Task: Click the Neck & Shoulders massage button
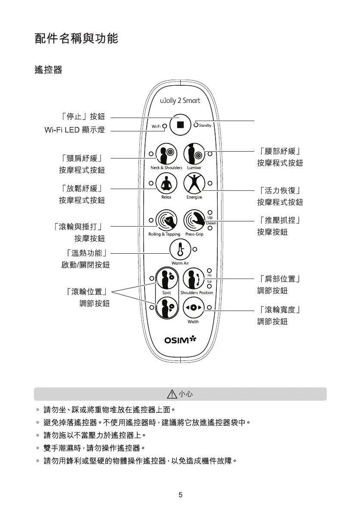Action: (166, 154)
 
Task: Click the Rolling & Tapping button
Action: (166, 221)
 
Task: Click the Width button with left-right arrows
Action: (194, 308)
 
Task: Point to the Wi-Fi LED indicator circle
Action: (165, 126)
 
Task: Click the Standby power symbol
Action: (196, 125)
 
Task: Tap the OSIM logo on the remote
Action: (180, 341)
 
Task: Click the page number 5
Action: (180, 494)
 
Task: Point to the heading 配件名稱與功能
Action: (76, 39)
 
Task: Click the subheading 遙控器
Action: (48, 70)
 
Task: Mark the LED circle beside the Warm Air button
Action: (195, 249)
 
